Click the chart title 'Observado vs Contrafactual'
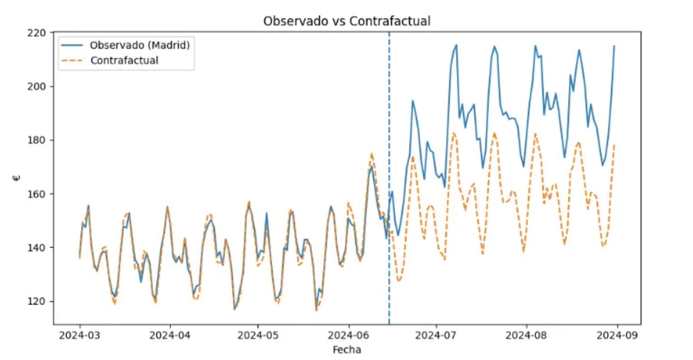[x=346, y=21]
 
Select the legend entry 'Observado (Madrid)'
[x=139, y=45]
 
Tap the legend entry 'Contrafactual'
[x=124, y=60]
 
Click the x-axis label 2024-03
[x=79, y=335]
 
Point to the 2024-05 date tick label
[x=258, y=335]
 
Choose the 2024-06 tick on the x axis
[x=349, y=335]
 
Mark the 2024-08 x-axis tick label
[x=527, y=335]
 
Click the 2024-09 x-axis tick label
[x=617, y=335]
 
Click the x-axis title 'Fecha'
[x=346, y=350]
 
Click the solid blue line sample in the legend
[x=73, y=45]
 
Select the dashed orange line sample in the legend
[x=73, y=60]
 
